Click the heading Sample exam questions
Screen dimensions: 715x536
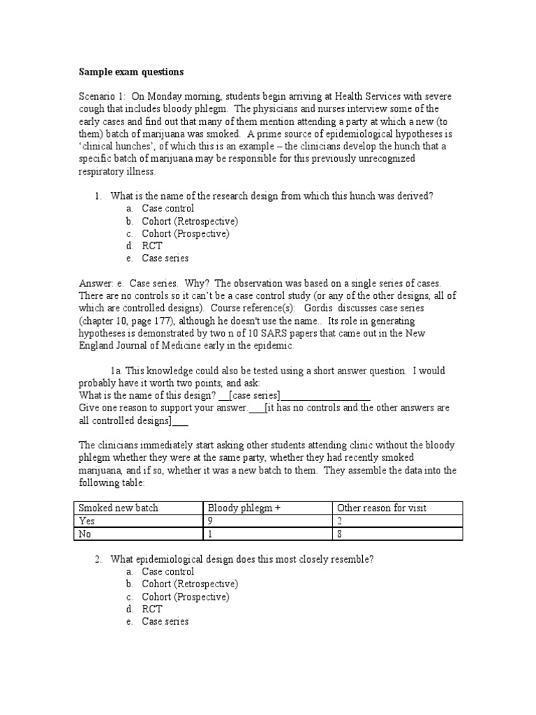pyautogui.click(x=132, y=71)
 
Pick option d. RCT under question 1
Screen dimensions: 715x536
pyautogui.click(x=151, y=246)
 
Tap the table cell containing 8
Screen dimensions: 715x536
pyautogui.click(x=340, y=534)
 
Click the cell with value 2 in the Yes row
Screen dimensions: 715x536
pyautogui.click(x=340, y=521)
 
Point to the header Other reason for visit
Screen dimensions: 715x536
pyautogui.click(x=382, y=508)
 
